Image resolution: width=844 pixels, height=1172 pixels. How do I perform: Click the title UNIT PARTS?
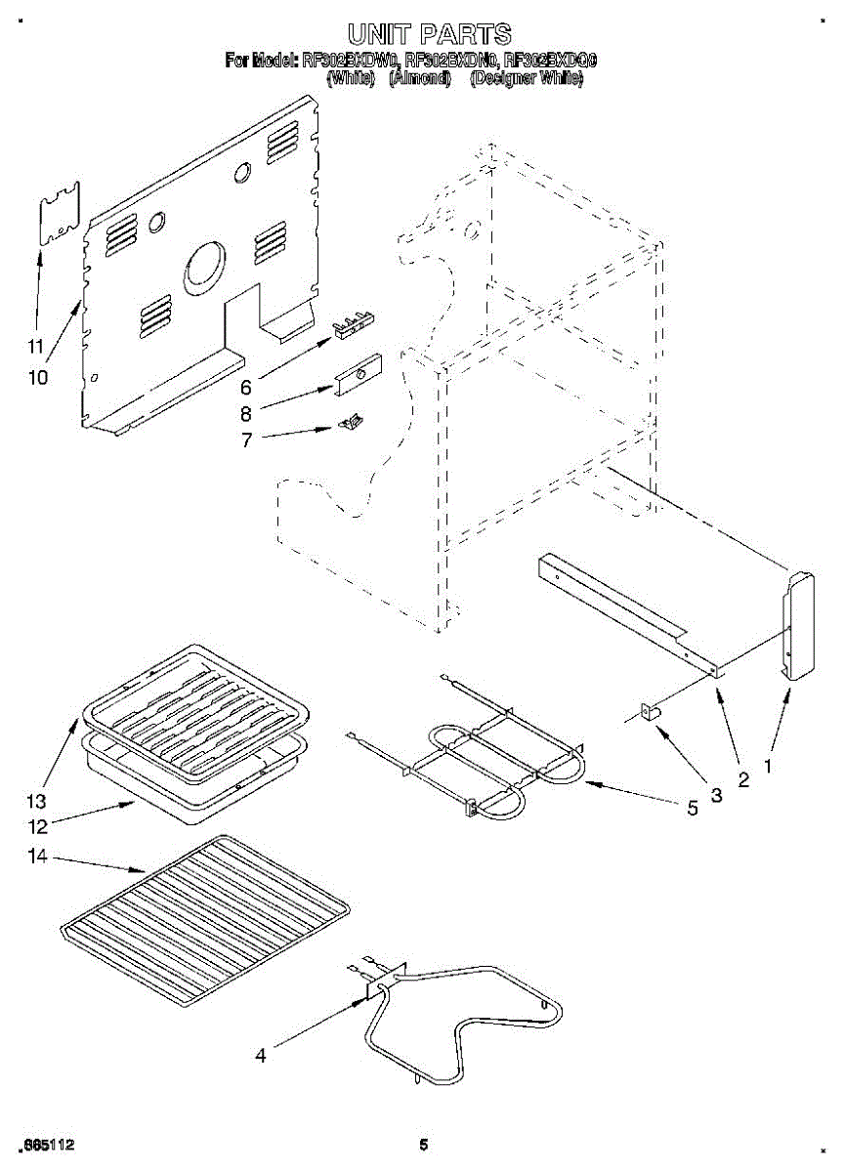[x=428, y=36]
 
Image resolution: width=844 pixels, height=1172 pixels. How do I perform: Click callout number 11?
[x=36, y=347]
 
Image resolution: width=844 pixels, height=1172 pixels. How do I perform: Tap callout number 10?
[x=37, y=377]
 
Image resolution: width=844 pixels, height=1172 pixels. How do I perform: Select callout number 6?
[x=246, y=387]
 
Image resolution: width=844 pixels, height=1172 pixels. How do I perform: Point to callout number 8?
[x=246, y=413]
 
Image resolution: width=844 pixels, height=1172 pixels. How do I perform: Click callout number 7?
[x=246, y=439]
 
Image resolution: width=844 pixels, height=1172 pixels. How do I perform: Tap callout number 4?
[x=260, y=1055]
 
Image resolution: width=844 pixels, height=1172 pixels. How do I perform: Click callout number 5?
[x=693, y=809]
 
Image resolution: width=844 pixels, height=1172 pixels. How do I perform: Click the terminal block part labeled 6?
[x=355, y=325]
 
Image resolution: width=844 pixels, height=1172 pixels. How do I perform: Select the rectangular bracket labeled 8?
[x=357, y=374]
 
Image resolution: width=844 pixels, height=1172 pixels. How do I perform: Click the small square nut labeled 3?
[x=648, y=713]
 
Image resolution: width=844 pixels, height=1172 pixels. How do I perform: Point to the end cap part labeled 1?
[x=799, y=624]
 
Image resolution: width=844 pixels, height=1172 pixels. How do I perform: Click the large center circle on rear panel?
[x=204, y=266]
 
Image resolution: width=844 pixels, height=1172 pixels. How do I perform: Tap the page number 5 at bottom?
[x=423, y=1145]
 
